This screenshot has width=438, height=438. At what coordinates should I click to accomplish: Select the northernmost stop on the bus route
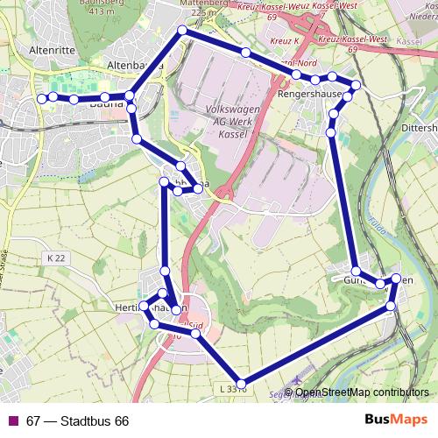[183, 31]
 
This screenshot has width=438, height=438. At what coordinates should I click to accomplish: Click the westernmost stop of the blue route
[42, 98]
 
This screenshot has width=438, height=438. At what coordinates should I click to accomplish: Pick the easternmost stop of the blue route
[396, 279]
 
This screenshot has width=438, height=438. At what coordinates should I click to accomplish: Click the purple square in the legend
[13, 421]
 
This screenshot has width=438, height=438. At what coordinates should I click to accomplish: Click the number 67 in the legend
[33, 421]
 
